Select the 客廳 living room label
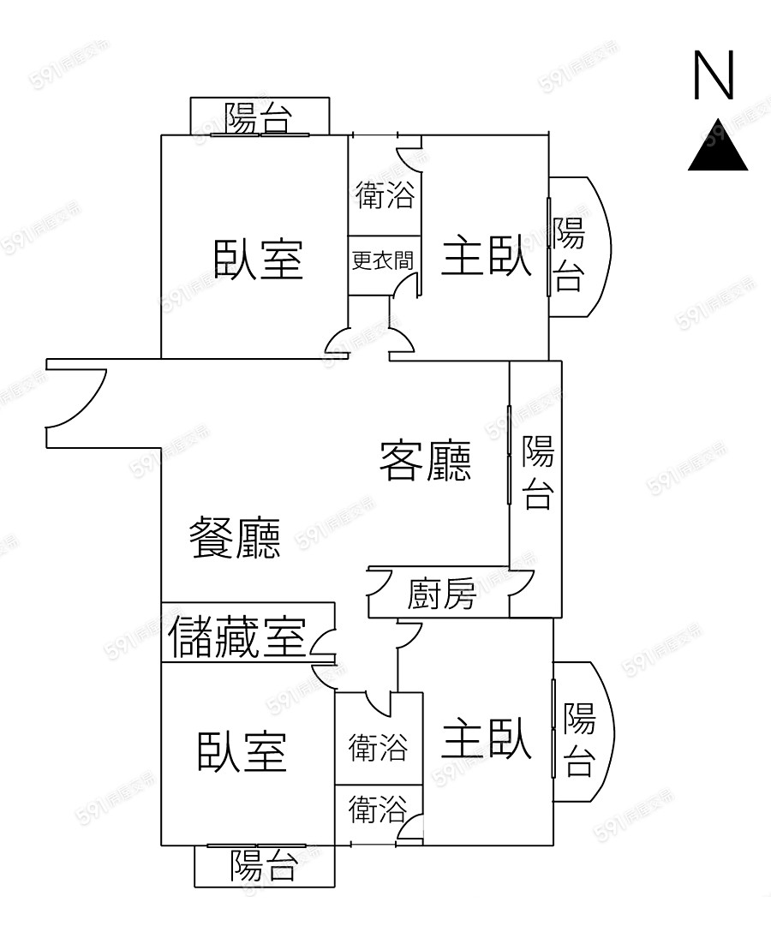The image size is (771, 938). tap(426, 462)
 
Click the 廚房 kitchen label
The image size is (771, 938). tap(441, 593)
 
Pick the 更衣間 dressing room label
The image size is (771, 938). tap(383, 260)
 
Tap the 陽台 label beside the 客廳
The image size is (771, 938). tap(538, 472)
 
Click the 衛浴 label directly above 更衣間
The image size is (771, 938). tap(385, 196)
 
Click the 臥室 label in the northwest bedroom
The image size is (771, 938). tap(258, 259)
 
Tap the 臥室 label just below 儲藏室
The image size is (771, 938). tap(242, 751)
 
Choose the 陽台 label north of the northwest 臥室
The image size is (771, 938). tap(258, 118)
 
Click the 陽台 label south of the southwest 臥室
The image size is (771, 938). tap(263, 865)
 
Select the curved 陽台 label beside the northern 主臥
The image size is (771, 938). tap(569, 254)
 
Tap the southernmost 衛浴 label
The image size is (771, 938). tap(377, 810)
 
